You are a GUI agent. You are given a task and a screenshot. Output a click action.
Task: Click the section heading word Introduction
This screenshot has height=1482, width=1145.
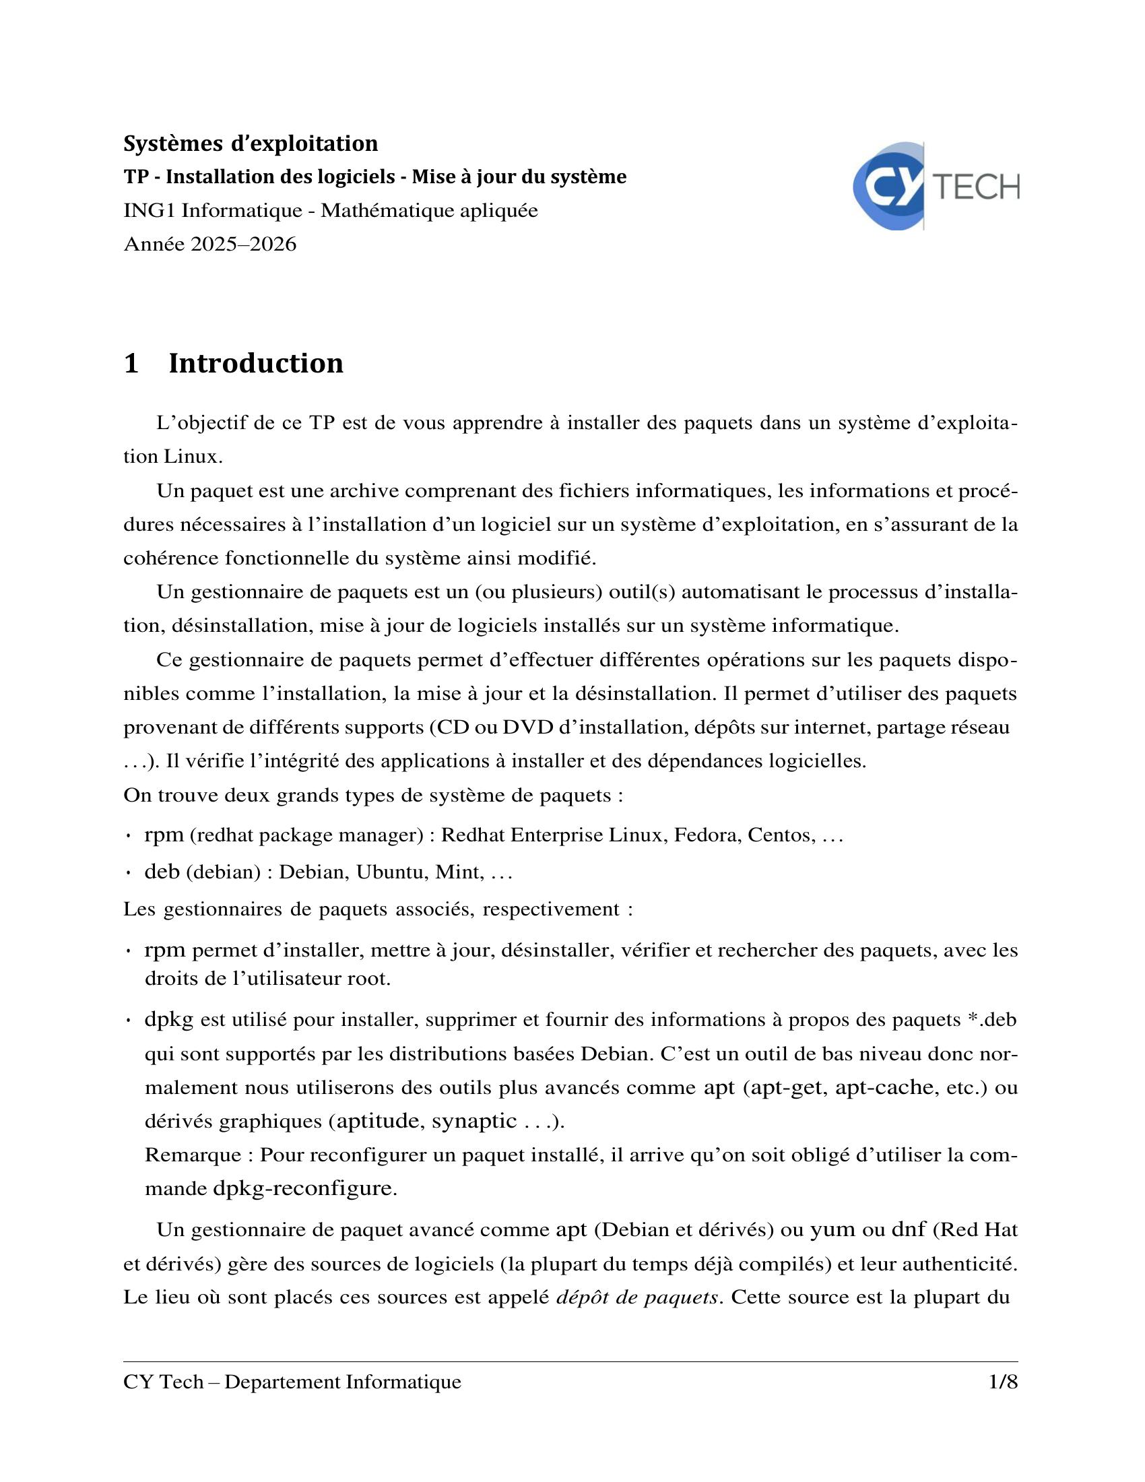[x=256, y=364]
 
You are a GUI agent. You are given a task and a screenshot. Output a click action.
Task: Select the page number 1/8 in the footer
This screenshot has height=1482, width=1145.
[x=1004, y=1382]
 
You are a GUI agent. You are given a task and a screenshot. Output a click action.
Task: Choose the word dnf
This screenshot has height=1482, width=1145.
[x=909, y=1229]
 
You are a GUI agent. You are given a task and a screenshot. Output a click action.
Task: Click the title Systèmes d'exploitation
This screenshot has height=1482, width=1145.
[x=251, y=144]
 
